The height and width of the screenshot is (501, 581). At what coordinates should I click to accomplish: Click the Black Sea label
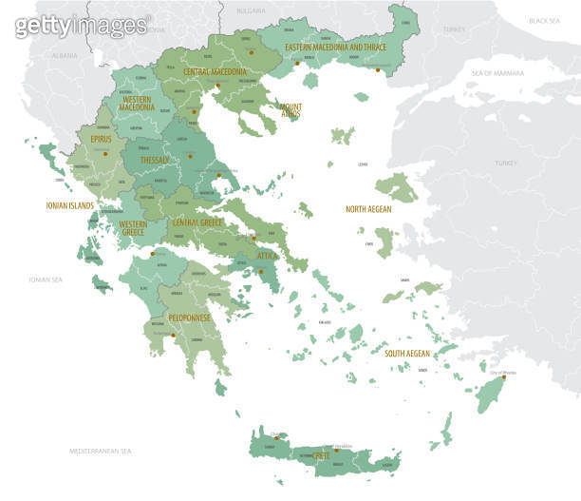[x=544, y=20]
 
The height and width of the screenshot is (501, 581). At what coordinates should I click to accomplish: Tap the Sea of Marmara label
[x=499, y=73]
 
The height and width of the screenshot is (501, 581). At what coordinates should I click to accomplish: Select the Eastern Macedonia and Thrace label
[x=336, y=48]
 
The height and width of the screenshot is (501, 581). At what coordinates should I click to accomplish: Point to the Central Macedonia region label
[x=215, y=71]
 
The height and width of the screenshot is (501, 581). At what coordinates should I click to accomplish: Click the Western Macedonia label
[x=138, y=103]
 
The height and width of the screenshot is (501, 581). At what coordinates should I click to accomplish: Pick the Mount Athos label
[x=290, y=110]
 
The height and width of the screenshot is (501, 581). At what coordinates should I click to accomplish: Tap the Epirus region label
[x=101, y=139]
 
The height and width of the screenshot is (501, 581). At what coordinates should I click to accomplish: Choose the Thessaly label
[x=154, y=161]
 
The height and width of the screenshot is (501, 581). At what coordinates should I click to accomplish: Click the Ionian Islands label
[x=69, y=204]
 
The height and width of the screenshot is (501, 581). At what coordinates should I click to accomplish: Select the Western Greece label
[x=133, y=228]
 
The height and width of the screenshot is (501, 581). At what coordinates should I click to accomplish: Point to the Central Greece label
[x=197, y=222]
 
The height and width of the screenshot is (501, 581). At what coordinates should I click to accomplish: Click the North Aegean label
[x=368, y=209]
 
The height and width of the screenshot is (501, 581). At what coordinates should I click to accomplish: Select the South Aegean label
[x=406, y=353]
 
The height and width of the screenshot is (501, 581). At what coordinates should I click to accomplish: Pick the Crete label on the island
[x=322, y=456]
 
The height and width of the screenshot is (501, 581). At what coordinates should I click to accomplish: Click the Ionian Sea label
[x=45, y=279]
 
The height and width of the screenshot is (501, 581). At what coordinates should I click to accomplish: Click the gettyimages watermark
[x=82, y=27]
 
